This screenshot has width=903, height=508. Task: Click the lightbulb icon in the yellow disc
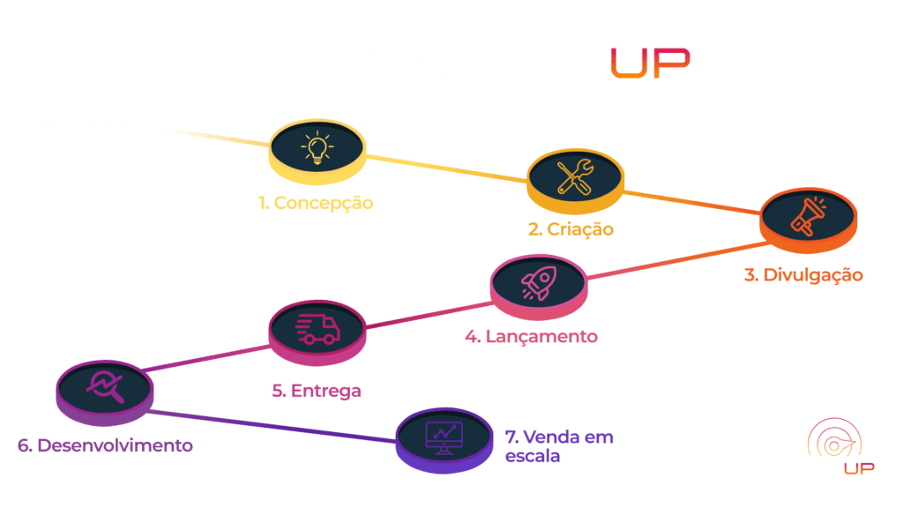click(x=317, y=147)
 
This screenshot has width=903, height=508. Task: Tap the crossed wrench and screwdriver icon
click(x=575, y=176)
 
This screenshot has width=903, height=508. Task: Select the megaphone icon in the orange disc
click(x=809, y=217)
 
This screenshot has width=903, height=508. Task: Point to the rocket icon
click(x=539, y=283)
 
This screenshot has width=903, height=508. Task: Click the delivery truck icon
click(x=317, y=330)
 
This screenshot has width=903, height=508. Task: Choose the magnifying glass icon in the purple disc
click(x=105, y=386)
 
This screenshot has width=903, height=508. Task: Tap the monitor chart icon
click(x=444, y=438)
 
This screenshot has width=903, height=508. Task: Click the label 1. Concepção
click(x=316, y=203)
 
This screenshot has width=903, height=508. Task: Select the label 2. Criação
click(x=571, y=228)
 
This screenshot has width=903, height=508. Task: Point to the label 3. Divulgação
click(x=803, y=275)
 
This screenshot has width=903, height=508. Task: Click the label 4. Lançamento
click(x=531, y=336)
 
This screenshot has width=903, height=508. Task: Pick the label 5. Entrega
click(x=317, y=391)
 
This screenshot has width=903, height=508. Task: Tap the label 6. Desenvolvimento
click(x=105, y=445)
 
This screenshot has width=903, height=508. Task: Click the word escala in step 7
click(x=532, y=456)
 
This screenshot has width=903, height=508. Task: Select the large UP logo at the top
click(x=650, y=63)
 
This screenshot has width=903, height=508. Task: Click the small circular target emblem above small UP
click(x=834, y=439)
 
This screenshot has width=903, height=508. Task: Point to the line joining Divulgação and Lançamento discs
click(x=678, y=261)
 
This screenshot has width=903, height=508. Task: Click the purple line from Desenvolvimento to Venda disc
click(x=272, y=426)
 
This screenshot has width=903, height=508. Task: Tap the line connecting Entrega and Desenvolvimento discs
click(x=205, y=358)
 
